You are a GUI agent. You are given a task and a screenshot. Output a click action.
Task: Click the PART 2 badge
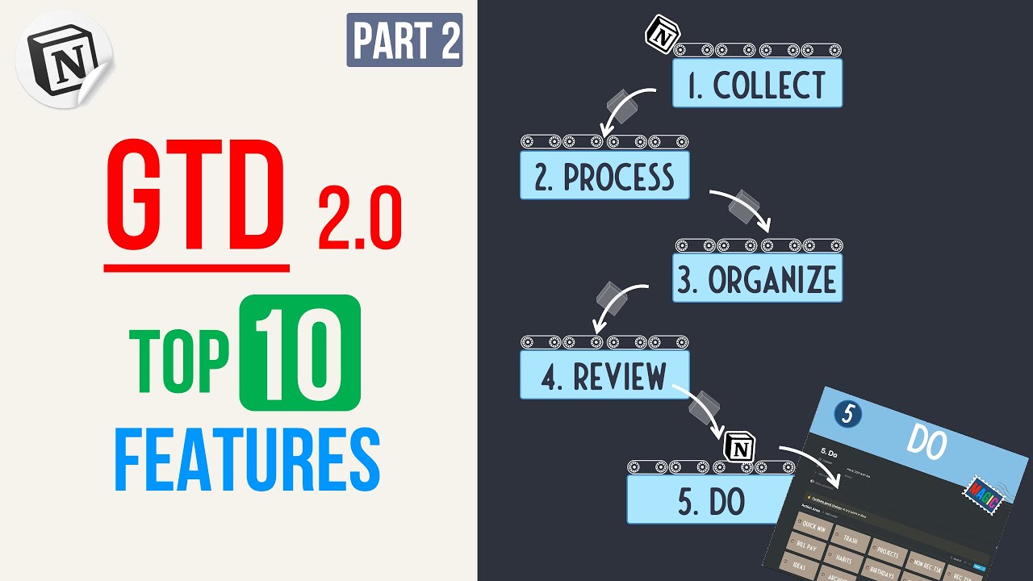[404, 40]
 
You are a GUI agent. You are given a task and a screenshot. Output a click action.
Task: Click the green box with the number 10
[299, 352]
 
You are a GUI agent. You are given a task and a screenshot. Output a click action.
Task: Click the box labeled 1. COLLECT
[757, 84]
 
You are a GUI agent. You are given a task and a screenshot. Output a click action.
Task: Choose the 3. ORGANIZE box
[757, 279]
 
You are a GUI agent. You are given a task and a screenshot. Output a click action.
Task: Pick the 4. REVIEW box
[604, 375]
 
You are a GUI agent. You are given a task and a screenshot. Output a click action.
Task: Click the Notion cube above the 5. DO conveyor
[738, 446]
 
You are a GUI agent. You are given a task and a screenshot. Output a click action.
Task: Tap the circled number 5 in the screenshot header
[847, 415]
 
